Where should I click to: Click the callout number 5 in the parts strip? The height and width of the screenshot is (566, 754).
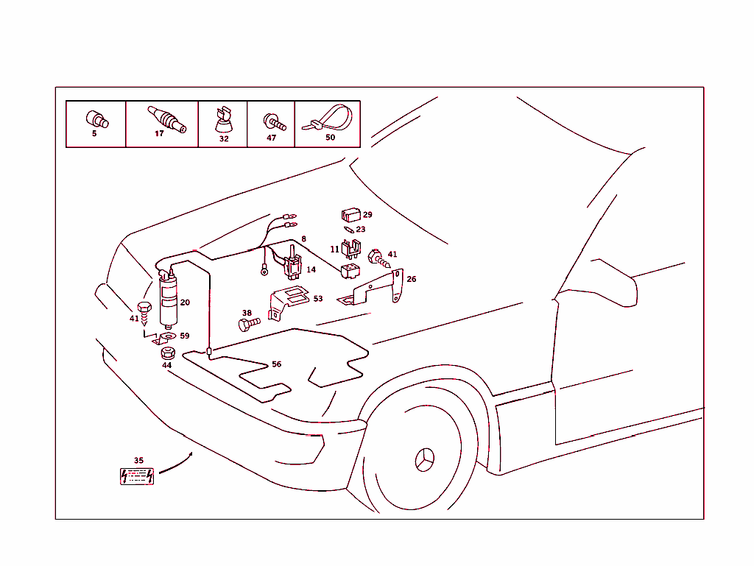[94, 134]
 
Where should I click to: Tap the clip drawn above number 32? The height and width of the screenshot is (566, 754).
[223, 120]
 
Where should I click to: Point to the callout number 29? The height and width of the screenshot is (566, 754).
[367, 215]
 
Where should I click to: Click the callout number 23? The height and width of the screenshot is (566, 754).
[361, 230]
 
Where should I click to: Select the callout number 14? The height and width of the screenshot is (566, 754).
[311, 270]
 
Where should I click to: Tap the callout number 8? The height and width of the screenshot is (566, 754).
[303, 240]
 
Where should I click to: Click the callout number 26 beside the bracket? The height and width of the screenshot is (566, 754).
[412, 280]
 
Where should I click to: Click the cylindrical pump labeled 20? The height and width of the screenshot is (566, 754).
[169, 300]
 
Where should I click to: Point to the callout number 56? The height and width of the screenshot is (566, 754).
[276, 364]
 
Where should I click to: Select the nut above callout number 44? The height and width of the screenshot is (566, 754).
[167, 353]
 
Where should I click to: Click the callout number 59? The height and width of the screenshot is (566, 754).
[184, 336]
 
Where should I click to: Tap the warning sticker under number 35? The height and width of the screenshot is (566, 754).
[138, 476]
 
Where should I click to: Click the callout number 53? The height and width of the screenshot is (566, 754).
[317, 299]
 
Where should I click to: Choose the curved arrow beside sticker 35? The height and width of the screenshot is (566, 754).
[176, 464]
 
